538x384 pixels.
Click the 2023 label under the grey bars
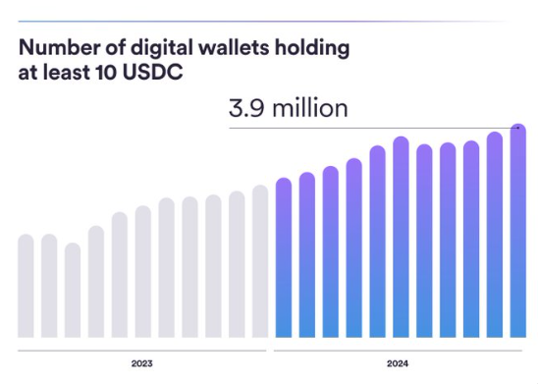point(142,363)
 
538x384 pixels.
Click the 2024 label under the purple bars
point(398,363)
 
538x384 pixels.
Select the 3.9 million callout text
point(288,108)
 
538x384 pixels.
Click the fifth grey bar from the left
point(120,274)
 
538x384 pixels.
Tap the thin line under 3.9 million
point(373,127)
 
